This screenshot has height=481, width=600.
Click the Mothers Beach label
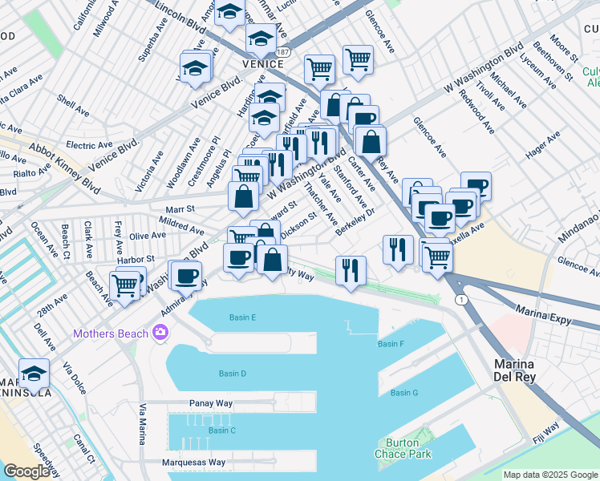coord(111,333)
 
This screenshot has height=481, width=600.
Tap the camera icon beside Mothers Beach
coord(160,332)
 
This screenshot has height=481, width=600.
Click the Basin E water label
coord(241,317)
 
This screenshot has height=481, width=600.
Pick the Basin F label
coord(390,344)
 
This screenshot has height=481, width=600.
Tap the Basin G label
coord(404,393)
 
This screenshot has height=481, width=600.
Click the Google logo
coord(26,471)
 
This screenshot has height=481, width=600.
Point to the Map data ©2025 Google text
coord(550,475)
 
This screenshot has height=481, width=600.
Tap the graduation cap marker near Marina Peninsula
coord(34,374)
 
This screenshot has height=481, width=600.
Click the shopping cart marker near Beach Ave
coord(124,285)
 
